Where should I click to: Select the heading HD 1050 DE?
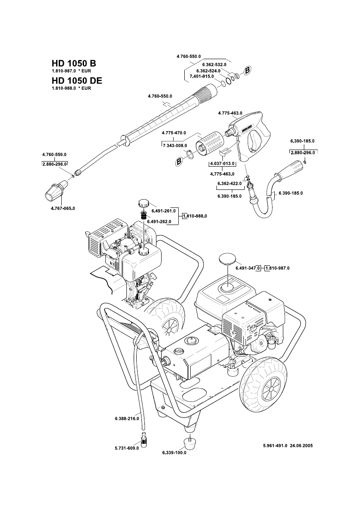click(x=77, y=81)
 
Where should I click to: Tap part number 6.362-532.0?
click(x=214, y=65)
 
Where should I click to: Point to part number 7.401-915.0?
click(x=201, y=76)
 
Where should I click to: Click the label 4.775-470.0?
click(x=174, y=132)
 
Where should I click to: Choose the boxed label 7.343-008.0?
click(x=175, y=146)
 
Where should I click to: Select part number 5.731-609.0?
click(x=127, y=448)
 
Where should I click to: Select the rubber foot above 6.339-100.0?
click(x=188, y=442)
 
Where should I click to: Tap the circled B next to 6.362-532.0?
click(x=247, y=71)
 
